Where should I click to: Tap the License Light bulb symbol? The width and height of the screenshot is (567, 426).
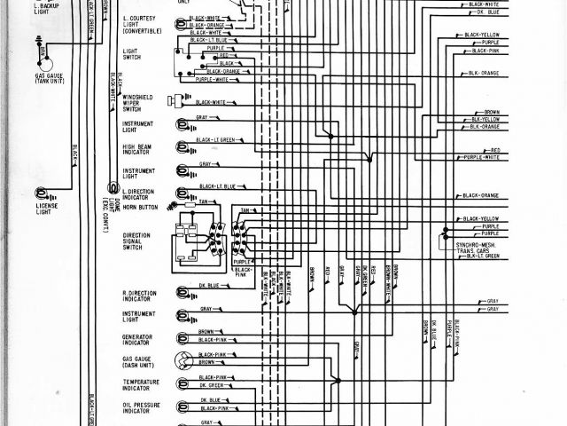point(41,193)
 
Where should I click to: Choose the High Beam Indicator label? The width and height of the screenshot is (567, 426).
point(139,149)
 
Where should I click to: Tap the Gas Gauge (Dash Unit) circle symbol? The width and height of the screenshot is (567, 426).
point(184,360)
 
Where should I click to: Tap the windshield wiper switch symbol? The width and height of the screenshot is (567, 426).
point(185,100)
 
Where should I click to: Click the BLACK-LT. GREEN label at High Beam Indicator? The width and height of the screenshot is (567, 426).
point(214,140)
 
